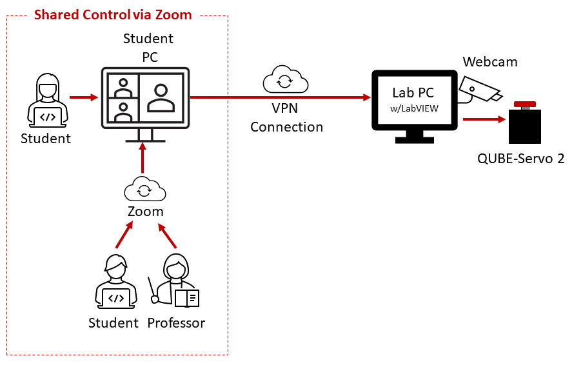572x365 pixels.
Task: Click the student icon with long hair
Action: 44,102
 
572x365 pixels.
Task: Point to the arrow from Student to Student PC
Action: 83,98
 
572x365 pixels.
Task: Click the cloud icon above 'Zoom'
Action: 145,189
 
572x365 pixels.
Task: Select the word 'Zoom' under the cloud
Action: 145,212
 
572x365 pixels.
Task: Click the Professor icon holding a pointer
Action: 175,282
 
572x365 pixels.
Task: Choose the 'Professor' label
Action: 176,322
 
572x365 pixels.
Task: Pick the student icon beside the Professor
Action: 115,282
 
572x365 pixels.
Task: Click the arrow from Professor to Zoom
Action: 168,236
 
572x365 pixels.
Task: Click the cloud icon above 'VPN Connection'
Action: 285,79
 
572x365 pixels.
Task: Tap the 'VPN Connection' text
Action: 286,118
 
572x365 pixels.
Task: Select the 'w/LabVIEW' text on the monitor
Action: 415,108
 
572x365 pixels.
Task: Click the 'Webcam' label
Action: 489,62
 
